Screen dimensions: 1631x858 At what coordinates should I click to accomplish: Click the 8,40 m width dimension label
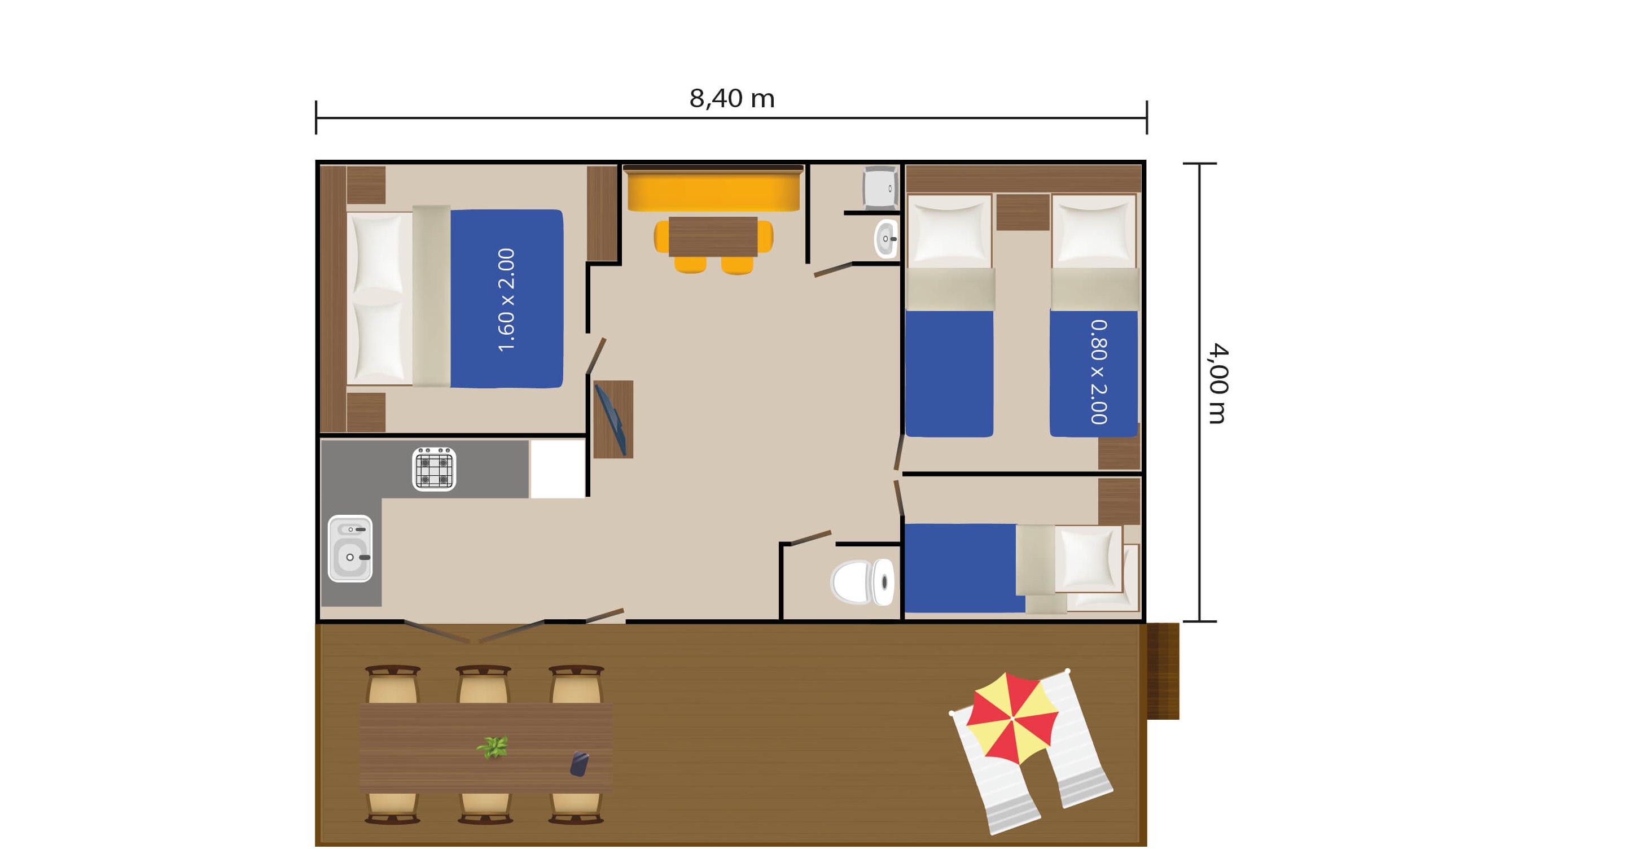point(732,99)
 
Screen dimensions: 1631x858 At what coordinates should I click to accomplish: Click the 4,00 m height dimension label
point(1217,384)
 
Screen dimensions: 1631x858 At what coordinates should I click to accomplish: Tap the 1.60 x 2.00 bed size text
point(507,300)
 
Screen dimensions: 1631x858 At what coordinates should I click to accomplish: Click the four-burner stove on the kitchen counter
point(433,469)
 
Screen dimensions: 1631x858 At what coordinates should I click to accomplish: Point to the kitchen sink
point(350,548)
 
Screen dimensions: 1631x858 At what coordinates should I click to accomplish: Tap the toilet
point(863,582)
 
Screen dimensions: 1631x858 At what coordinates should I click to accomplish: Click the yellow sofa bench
point(713,189)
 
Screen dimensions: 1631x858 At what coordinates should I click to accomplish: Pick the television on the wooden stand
point(611,420)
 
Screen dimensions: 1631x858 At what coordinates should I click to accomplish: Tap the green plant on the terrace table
point(493,747)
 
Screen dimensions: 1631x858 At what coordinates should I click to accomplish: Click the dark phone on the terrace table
point(580,764)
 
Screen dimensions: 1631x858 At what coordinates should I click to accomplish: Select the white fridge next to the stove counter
point(557,469)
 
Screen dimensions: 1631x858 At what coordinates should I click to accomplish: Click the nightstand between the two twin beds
point(1023,212)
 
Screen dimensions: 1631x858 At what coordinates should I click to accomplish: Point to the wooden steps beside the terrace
point(1163,671)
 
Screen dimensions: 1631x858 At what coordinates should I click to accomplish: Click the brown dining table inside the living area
point(713,236)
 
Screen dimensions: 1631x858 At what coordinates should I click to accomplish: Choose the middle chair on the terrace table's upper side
point(484,684)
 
